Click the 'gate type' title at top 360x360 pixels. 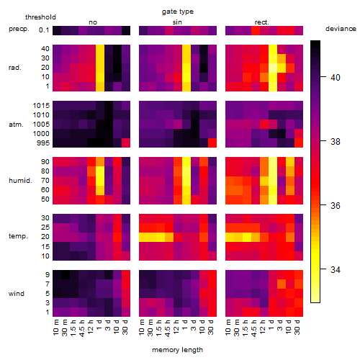click(178, 12)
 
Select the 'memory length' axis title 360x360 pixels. click(177, 350)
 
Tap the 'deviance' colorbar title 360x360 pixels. click(341, 29)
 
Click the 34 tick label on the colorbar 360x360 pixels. click(336, 270)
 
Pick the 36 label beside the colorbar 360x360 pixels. click(336, 206)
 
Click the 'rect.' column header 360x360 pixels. click(262, 22)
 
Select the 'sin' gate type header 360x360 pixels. click(177, 22)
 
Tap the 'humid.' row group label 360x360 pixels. click(20, 181)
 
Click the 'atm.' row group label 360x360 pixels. click(16, 125)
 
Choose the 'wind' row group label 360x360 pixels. click(17, 293)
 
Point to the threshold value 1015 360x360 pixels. click(41, 106)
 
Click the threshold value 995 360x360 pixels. click(43, 143)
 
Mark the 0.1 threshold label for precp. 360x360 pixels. click(44, 30)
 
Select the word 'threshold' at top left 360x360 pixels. click(40, 17)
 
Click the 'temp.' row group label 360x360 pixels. click(18, 236)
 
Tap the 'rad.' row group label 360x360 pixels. click(15, 68)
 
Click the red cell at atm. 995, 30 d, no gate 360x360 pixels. click(126, 143)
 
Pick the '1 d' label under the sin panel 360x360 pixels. click(185, 325)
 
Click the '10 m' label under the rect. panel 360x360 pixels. click(228, 327)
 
